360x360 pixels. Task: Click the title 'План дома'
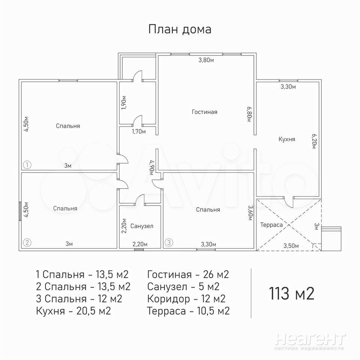180,30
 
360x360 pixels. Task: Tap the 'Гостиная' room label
204,112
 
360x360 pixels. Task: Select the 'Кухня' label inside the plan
287,139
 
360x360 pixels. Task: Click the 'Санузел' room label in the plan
142,226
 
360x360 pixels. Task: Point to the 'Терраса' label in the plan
271,225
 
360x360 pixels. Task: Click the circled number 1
27,165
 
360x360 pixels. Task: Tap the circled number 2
27,243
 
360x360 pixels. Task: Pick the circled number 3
169,242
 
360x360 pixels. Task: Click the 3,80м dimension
206,60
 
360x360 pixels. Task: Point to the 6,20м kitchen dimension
314,141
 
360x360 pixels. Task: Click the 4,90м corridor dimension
151,168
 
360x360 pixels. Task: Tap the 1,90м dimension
124,102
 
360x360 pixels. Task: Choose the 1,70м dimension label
139,132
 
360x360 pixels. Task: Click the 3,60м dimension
250,213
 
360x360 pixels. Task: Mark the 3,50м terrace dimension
291,246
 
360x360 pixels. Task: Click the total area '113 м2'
291,293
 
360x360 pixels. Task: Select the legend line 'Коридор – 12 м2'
186,299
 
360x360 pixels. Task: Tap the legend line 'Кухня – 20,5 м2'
73,311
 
